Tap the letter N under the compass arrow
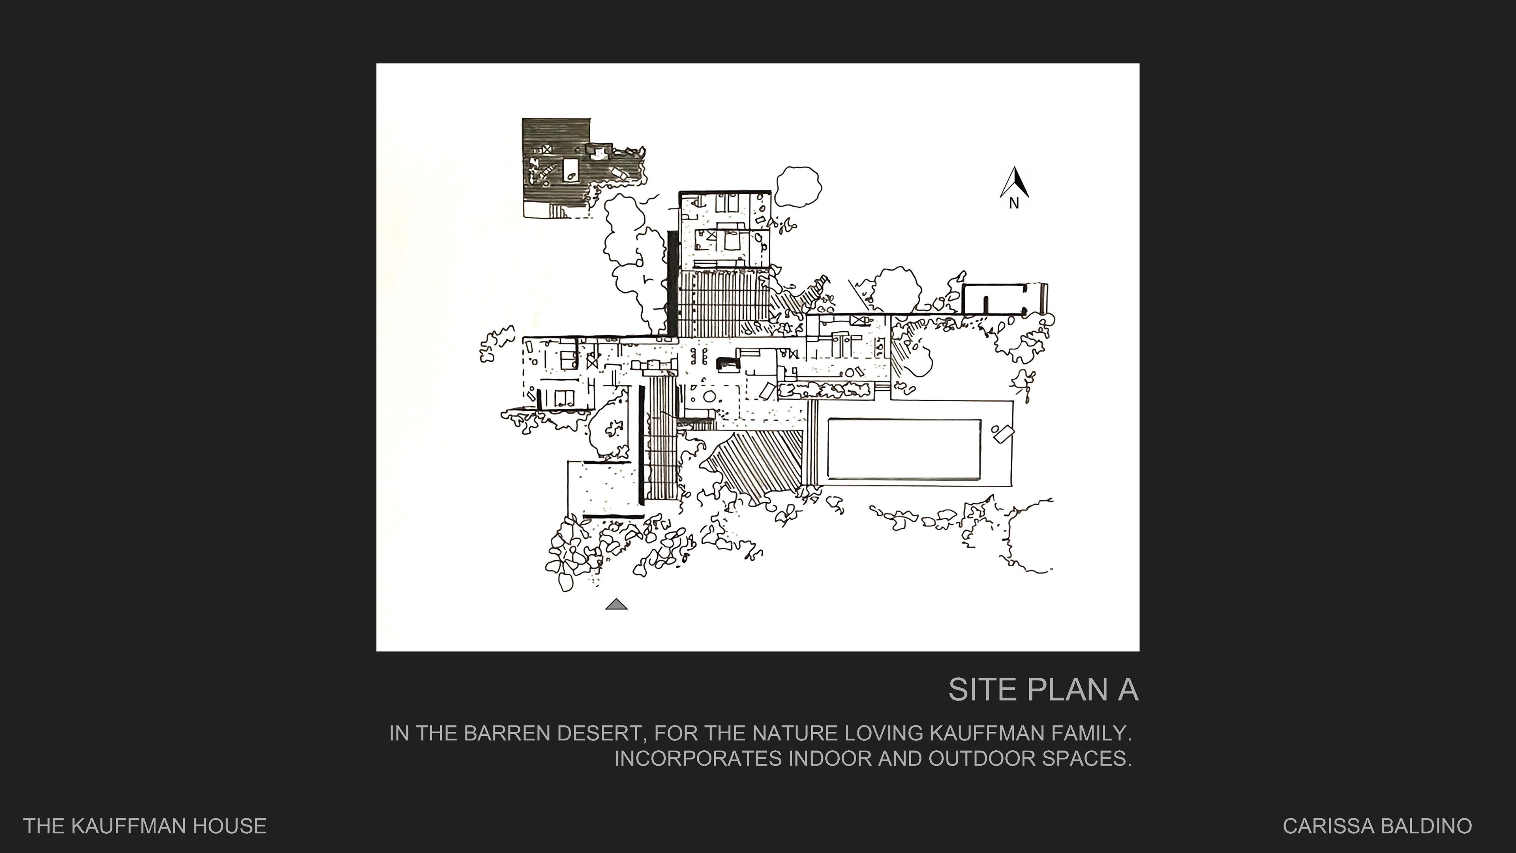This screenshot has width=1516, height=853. [1014, 203]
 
